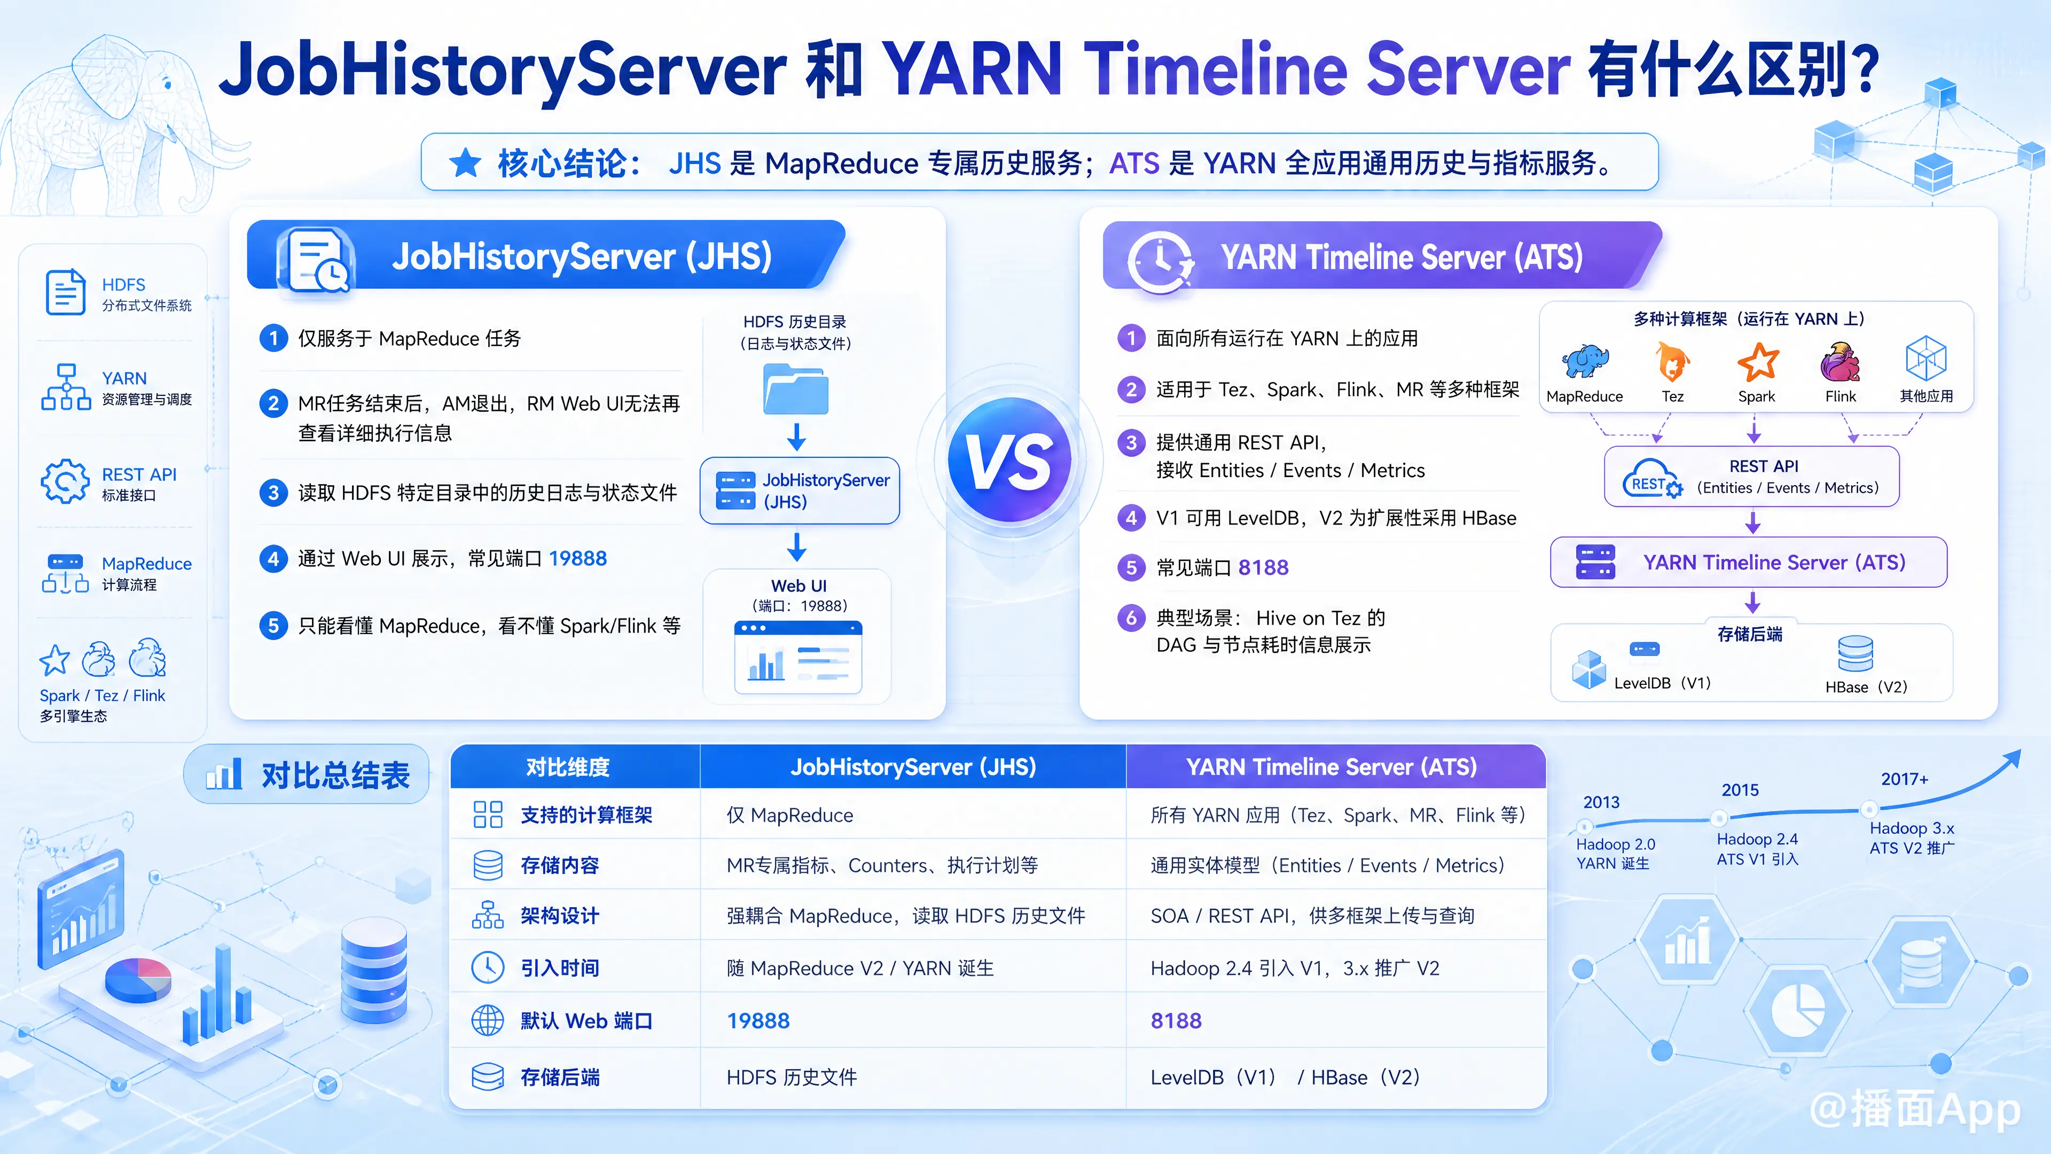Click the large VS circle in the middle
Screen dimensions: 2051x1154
pos(1009,461)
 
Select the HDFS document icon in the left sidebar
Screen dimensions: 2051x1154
pos(65,292)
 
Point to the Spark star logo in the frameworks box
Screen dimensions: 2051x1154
pos(1757,362)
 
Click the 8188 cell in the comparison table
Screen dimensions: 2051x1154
pos(1176,1020)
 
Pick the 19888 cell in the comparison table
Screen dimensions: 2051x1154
pos(758,1020)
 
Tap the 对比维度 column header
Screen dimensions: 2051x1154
pos(568,767)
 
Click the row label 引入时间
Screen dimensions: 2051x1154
pos(560,968)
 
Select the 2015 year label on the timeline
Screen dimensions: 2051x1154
pos(1740,790)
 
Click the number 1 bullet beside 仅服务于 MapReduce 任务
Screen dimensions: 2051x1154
pos(273,339)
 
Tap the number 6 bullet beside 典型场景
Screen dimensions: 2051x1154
pos(1131,618)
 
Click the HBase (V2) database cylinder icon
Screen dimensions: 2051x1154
pos(1855,654)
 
